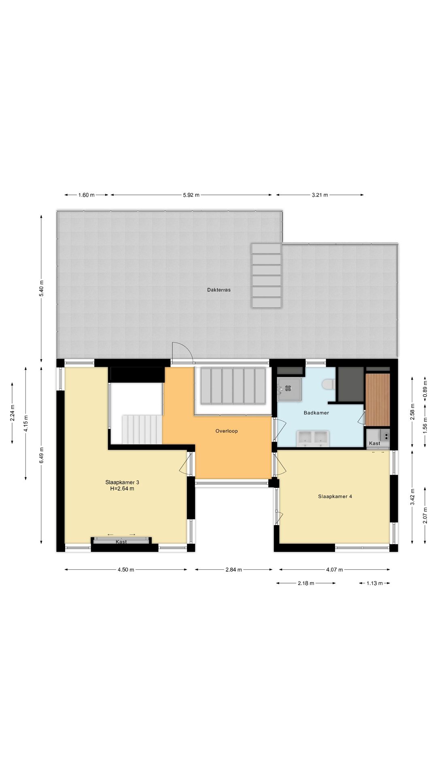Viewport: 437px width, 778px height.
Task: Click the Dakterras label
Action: tap(219, 290)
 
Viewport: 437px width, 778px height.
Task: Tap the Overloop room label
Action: tap(227, 431)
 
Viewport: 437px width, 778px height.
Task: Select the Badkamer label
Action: tap(316, 413)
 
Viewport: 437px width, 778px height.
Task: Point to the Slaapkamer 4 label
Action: tap(335, 496)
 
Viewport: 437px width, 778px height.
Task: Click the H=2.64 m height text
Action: tap(122, 489)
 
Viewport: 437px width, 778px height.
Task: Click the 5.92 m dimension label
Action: tap(191, 195)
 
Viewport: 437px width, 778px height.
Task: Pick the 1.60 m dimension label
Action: tap(86, 195)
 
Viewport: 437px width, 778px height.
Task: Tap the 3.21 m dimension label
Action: tap(320, 195)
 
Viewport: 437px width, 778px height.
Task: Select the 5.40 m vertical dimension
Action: tap(41, 288)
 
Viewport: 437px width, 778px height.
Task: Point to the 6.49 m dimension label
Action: tap(41, 455)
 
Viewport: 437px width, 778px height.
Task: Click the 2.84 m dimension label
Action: tap(233, 570)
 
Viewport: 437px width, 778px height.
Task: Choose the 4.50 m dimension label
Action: tap(126, 570)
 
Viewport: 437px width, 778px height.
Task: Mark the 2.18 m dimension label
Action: tap(306, 583)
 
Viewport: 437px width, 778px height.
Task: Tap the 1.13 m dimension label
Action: tap(374, 583)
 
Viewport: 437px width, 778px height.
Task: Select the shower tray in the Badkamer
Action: tap(289, 389)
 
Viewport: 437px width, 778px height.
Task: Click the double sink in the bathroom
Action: tap(313, 438)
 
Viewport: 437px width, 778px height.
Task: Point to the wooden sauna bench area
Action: tap(378, 400)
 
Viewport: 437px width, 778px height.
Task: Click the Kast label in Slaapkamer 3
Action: tap(121, 542)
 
